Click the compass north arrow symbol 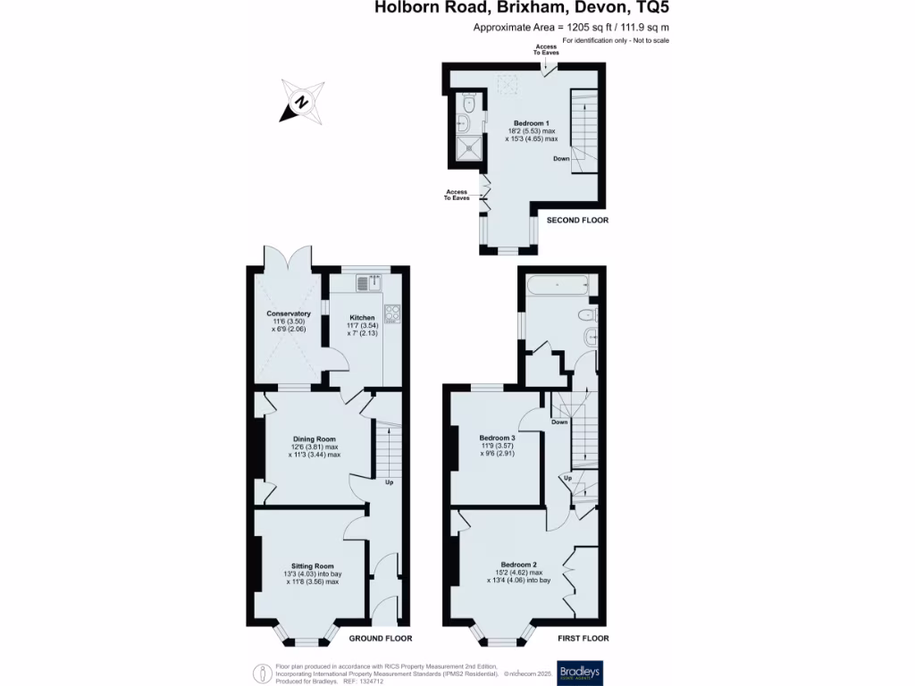pos(302,100)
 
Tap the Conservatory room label pos(289,314)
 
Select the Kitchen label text pos(362,318)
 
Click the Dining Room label pos(314,439)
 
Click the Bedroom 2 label pos(518,565)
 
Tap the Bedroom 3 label pos(499,438)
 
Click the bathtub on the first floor pos(558,286)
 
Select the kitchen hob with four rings pos(391,314)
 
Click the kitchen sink pos(366,284)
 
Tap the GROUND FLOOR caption pos(380,639)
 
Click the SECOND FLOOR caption pos(577,220)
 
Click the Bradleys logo pos(578,672)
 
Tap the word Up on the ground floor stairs pos(390,483)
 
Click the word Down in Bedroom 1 pos(561,159)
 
